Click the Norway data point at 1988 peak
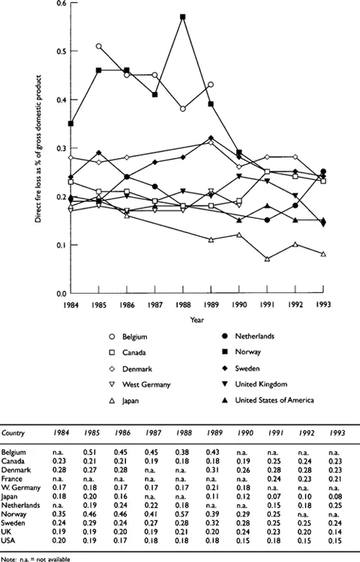(184, 16)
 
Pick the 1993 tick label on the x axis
(322, 305)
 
